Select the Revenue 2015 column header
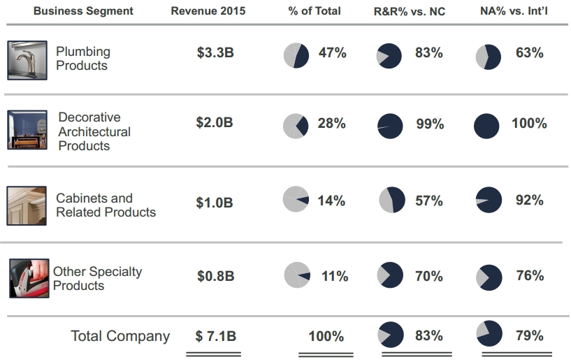tap(208, 11)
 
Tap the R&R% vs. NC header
tap(410, 11)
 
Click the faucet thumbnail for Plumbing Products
tap(27, 60)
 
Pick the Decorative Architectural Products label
tap(94, 131)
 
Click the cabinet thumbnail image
tap(27, 205)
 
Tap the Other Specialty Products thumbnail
tap(29, 278)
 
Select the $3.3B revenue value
tap(215, 53)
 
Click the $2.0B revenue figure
tap(215, 123)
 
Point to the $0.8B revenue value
tap(215, 276)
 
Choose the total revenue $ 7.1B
tap(215, 336)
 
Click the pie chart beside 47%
tap(296, 55)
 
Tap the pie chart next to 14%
tap(296, 199)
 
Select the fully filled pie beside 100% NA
tap(486, 126)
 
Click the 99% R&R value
tap(429, 124)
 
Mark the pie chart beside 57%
tap(391, 200)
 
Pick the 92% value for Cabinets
tap(529, 201)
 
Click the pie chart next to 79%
tap(489, 334)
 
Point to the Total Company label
tap(120, 336)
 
